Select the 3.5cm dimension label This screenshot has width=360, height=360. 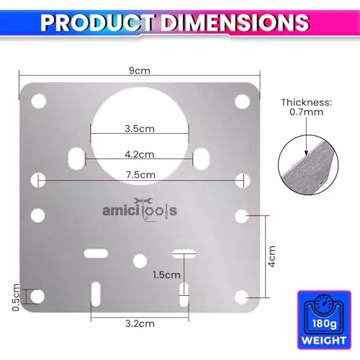pos(138,130)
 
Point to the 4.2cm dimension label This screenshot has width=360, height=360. pos(138,154)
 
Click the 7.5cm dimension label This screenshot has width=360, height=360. pos(138,175)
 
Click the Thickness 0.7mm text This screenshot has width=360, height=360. pos(307,108)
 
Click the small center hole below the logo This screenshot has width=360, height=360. pos(140,261)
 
